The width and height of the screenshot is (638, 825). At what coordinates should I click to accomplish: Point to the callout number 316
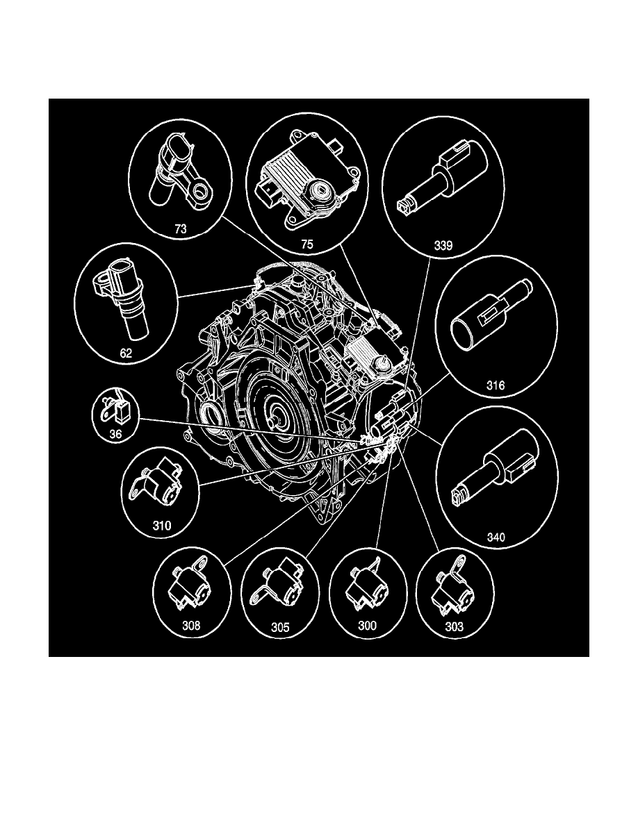click(x=515, y=385)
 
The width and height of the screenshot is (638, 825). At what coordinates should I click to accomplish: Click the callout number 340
click(x=497, y=537)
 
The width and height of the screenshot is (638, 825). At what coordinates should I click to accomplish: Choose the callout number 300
click(x=367, y=626)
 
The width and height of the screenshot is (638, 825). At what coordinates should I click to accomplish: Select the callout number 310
click(x=162, y=525)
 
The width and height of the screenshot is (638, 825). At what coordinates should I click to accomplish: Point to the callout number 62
click(x=126, y=352)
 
